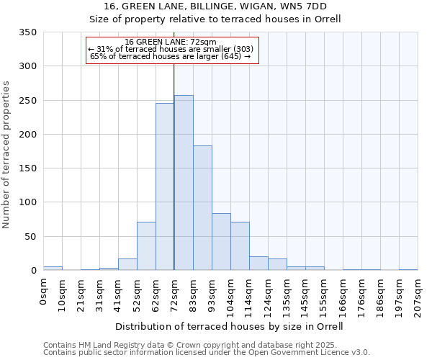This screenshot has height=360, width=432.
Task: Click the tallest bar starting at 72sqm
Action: pyautogui.click(x=184, y=183)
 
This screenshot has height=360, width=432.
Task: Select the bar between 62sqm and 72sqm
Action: pyautogui.click(x=165, y=186)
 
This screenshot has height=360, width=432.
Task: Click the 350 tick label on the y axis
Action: pyautogui.click(x=27, y=32)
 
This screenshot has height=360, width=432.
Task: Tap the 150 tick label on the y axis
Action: pyautogui.click(x=27, y=168)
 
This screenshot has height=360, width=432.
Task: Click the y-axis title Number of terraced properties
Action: pyautogui.click(x=6, y=155)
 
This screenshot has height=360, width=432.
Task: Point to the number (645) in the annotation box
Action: pyautogui.click(x=230, y=56)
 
